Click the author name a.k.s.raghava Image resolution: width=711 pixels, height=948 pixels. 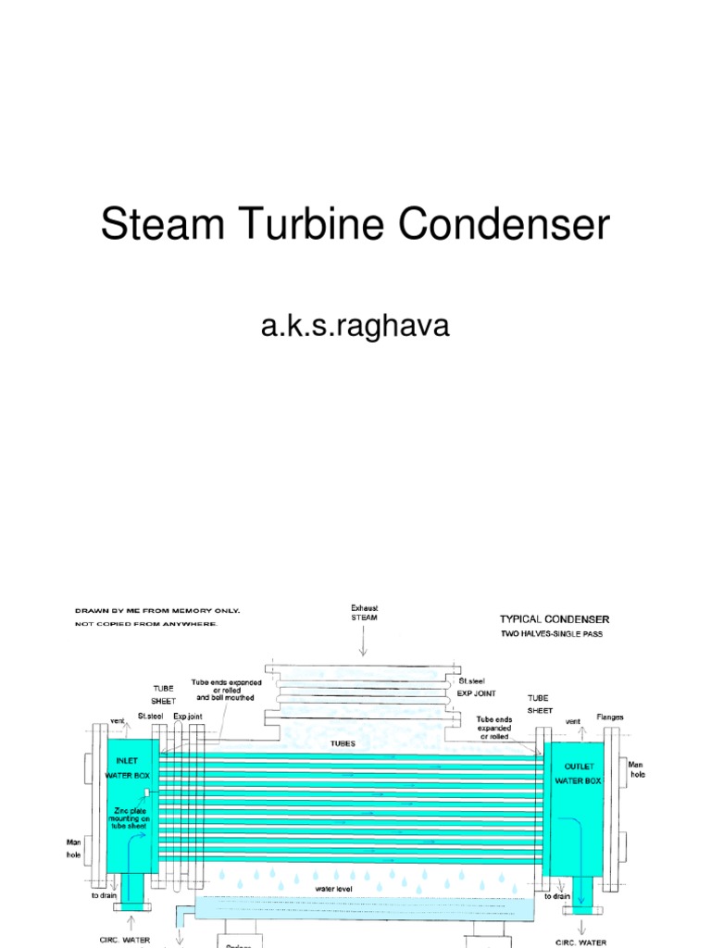[355, 326]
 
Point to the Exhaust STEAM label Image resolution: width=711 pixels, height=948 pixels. [363, 612]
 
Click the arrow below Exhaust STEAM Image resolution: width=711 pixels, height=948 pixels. [363, 642]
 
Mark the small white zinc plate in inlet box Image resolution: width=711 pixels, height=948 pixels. [147, 791]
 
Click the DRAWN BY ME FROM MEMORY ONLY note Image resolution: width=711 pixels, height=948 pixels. [157, 611]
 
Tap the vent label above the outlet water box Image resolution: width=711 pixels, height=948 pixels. [573, 720]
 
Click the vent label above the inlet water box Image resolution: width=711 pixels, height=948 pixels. [118, 719]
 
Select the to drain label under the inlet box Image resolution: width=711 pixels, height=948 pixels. [103, 895]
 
